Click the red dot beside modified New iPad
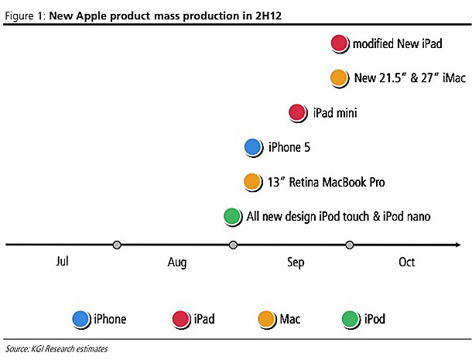tap(339, 44)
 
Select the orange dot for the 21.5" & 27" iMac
tap(338, 78)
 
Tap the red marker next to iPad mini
tap(298, 113)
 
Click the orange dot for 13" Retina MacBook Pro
tap(252, 182)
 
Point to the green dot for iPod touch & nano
tap(231, 217)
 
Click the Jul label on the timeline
tap(63, 262)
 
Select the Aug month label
tap(177, 262)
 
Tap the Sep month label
tap(296, 262)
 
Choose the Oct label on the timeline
tap(407, 262)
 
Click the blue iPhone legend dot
tap(80, 318)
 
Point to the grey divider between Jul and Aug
tap(117, 245)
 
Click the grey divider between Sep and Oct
tap(349, 245)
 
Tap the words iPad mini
tap(335, 114)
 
